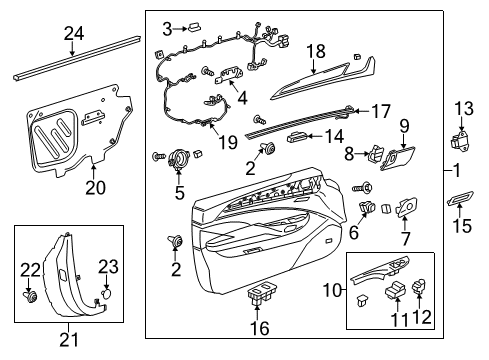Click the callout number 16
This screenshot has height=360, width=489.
[x=259, y=327]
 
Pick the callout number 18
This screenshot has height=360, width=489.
[x=316, y=50]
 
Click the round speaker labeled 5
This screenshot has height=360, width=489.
[x=181, y=158]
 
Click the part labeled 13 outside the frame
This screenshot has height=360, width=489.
[x=461, y=141]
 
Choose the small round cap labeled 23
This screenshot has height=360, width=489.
[x=106, y=295]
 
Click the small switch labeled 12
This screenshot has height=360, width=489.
[x=421, y=289]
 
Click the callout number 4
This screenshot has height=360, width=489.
[x=241, y=98]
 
